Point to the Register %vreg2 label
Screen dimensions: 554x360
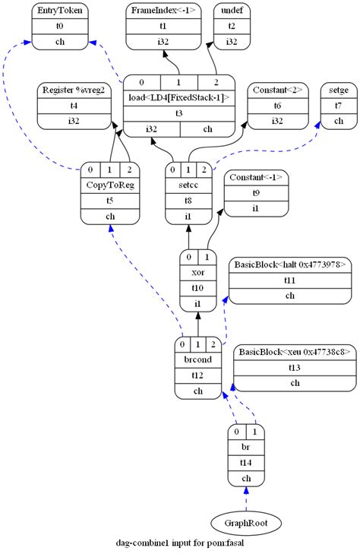tap(74, 90)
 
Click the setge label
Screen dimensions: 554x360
tap(338, 90)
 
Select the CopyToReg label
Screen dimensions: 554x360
tap(110, 185)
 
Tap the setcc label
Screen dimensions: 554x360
tap(189, 185)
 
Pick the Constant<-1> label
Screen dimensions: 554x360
tap(256, 177)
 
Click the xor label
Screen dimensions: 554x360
tap(197, 272)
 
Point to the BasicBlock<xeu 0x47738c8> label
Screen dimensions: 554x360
tap(295, 352)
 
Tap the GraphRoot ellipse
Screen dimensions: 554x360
tap(246, 523)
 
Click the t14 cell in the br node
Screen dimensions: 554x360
tap(246, 461)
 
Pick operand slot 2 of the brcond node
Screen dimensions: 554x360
tap(215, 343)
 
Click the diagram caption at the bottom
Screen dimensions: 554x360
tap(179, 545)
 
